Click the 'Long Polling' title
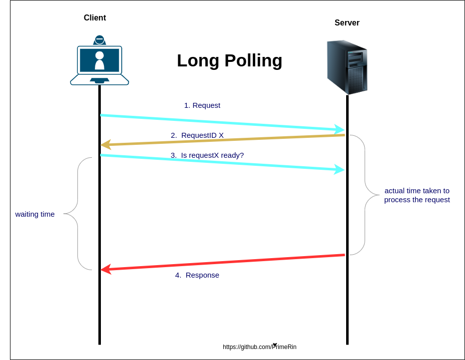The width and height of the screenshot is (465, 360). [229, 60]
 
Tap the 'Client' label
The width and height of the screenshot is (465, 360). [95, 18]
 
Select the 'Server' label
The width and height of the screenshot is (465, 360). [347, 23]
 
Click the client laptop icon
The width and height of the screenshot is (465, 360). [99, 62]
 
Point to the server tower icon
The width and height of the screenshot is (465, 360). [347, 67]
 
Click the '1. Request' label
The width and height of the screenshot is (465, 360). [202, 105]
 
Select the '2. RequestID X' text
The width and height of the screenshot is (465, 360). [197, 135]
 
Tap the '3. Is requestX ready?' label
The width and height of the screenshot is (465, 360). [207, 155]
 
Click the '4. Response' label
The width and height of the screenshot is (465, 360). [197, 275]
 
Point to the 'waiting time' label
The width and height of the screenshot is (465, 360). [35, 214]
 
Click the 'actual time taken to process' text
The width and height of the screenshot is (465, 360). [417, 195]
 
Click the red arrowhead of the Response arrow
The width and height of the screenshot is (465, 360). [105, 270]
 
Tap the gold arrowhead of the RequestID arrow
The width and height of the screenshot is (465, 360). [105, 145]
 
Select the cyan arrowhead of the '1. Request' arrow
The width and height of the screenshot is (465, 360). [340, 129]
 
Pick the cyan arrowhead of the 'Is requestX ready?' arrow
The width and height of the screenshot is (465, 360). [340, 169]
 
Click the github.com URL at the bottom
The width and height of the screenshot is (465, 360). [259, 347]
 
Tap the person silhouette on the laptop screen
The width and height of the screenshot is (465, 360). [99, 60]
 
